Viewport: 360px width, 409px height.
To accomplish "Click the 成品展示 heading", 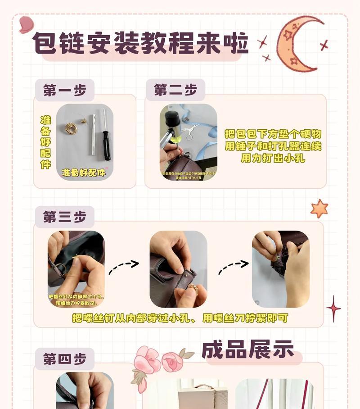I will click(247, 350).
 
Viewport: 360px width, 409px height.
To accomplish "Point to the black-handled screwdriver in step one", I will click(106, 135).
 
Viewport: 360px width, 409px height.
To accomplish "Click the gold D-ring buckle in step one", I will click(70, 128).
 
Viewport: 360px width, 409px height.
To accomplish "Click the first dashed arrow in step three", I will click(123, 266).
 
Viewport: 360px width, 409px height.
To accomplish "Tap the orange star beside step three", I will click(319, 208).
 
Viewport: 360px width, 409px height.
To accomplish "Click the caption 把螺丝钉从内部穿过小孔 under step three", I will click(180, 318).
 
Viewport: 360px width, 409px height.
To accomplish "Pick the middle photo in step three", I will click(178, 269).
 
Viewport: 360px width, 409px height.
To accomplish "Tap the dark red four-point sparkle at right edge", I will click(333, 309).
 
